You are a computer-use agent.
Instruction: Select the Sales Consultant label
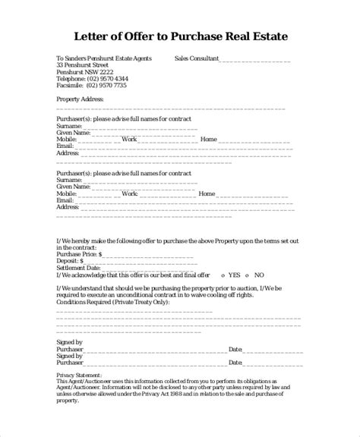197,58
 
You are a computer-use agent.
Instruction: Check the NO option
260,275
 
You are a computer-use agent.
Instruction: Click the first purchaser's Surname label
69,126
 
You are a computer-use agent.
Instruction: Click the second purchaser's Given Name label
74,187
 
